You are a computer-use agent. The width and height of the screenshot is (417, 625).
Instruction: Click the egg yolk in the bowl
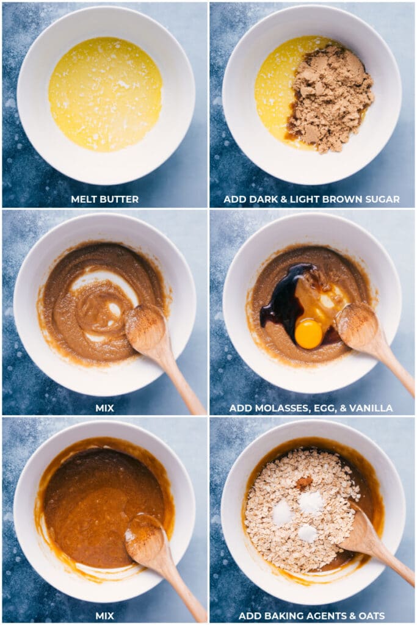(x=308, y=334)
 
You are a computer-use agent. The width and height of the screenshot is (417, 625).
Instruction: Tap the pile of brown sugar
(x=330, y=98)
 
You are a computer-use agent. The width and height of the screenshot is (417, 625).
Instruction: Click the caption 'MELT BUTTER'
(x=105, y=200)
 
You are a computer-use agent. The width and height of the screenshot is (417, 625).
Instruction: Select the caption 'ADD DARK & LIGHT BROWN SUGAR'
(x=311, y=200)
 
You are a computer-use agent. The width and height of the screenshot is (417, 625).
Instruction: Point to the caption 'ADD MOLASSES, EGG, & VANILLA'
(x=311, y=408)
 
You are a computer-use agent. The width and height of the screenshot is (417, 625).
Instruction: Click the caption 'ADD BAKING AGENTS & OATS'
(x=311, y=616)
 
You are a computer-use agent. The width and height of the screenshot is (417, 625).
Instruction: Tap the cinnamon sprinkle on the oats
(x=304, y=482)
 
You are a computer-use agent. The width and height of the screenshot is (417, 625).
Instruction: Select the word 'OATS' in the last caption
(x=371, y=616)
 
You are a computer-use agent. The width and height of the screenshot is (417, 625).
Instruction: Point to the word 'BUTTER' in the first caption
(x=120, y=200)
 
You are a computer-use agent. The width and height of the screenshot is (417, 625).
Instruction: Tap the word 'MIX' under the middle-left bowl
(x=105, y=408)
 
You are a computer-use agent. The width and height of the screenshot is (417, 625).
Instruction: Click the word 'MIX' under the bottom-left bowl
(x=105, y=616)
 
